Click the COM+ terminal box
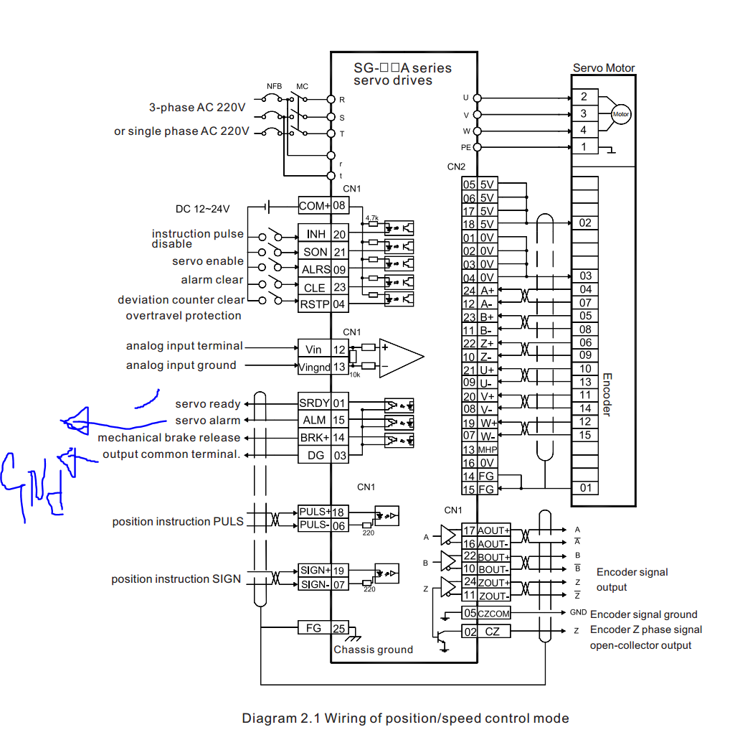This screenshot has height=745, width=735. tap(314, 205)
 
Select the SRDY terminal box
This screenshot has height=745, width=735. tap(314, 403)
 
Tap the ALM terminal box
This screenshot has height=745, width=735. tap(314, 420)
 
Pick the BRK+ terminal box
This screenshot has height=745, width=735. tap(314, 437)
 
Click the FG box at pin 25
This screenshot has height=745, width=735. tap(314, 628)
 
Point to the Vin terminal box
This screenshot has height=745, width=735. tap(314, 350)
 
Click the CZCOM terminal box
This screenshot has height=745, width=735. tap(494, 613)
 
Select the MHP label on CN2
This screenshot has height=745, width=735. tap(488, 449)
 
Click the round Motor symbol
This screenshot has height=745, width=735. tap(620, 114)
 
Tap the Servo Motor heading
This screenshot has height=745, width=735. tap(604, 68)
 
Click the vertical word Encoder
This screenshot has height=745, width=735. tap(606, 394)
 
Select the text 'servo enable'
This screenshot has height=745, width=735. tap(208, 261)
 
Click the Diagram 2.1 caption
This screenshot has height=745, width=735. tap(405, 718)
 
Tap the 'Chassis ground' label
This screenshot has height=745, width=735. tap(373, 650)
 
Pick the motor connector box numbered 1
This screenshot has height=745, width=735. tap(584, 147)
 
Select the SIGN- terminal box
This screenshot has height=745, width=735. tap(314, 585)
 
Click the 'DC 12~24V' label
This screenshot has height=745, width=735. tap(203, 209)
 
